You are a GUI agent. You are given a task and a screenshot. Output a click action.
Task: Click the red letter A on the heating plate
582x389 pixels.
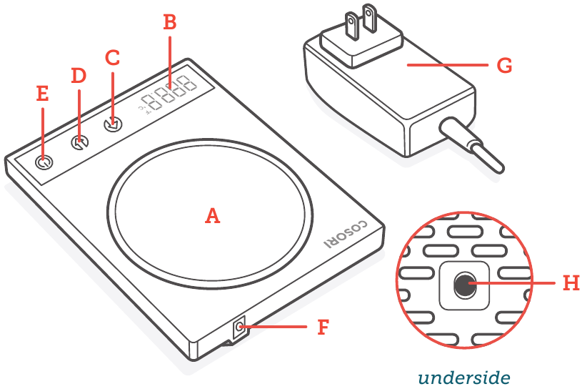[212, 215]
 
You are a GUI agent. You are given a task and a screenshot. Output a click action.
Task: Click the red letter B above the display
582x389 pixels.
[169, 22]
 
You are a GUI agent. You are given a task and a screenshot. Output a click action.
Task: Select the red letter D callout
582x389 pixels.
[79, 75]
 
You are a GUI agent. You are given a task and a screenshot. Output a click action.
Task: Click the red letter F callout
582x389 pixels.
[323, 328]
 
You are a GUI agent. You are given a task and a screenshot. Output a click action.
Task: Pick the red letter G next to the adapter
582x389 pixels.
[504, 66]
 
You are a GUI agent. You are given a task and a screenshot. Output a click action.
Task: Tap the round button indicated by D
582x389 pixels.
[79, 143]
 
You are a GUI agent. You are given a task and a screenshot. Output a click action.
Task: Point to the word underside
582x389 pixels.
[464, 377]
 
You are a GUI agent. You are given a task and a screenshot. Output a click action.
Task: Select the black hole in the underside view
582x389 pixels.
[463, 285]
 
